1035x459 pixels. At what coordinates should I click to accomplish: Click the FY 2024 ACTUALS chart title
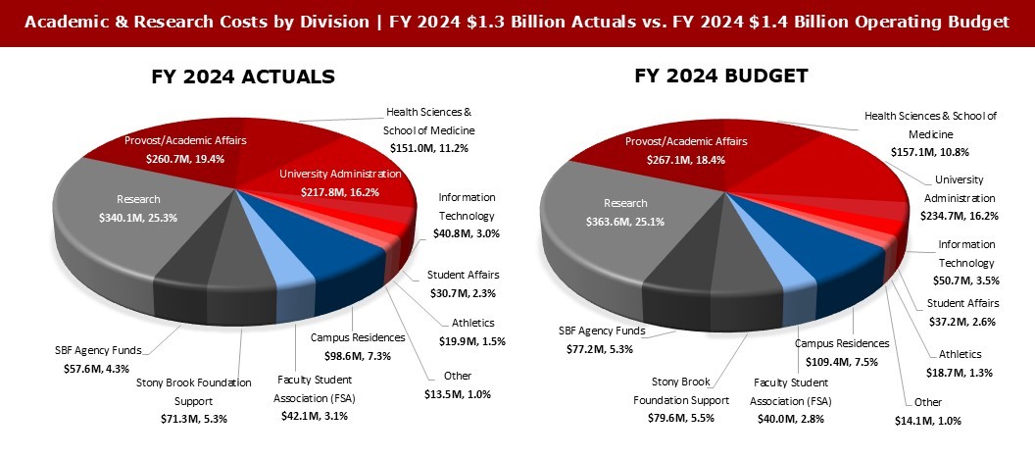pos(243,76)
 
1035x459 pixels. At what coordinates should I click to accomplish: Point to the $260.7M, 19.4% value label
pos(172,157)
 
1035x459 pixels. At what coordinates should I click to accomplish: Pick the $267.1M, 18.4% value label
pos(672,159)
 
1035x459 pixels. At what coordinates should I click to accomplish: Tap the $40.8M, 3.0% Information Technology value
pos(468,234)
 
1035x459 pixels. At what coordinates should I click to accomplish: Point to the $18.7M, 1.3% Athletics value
pos(961,372)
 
